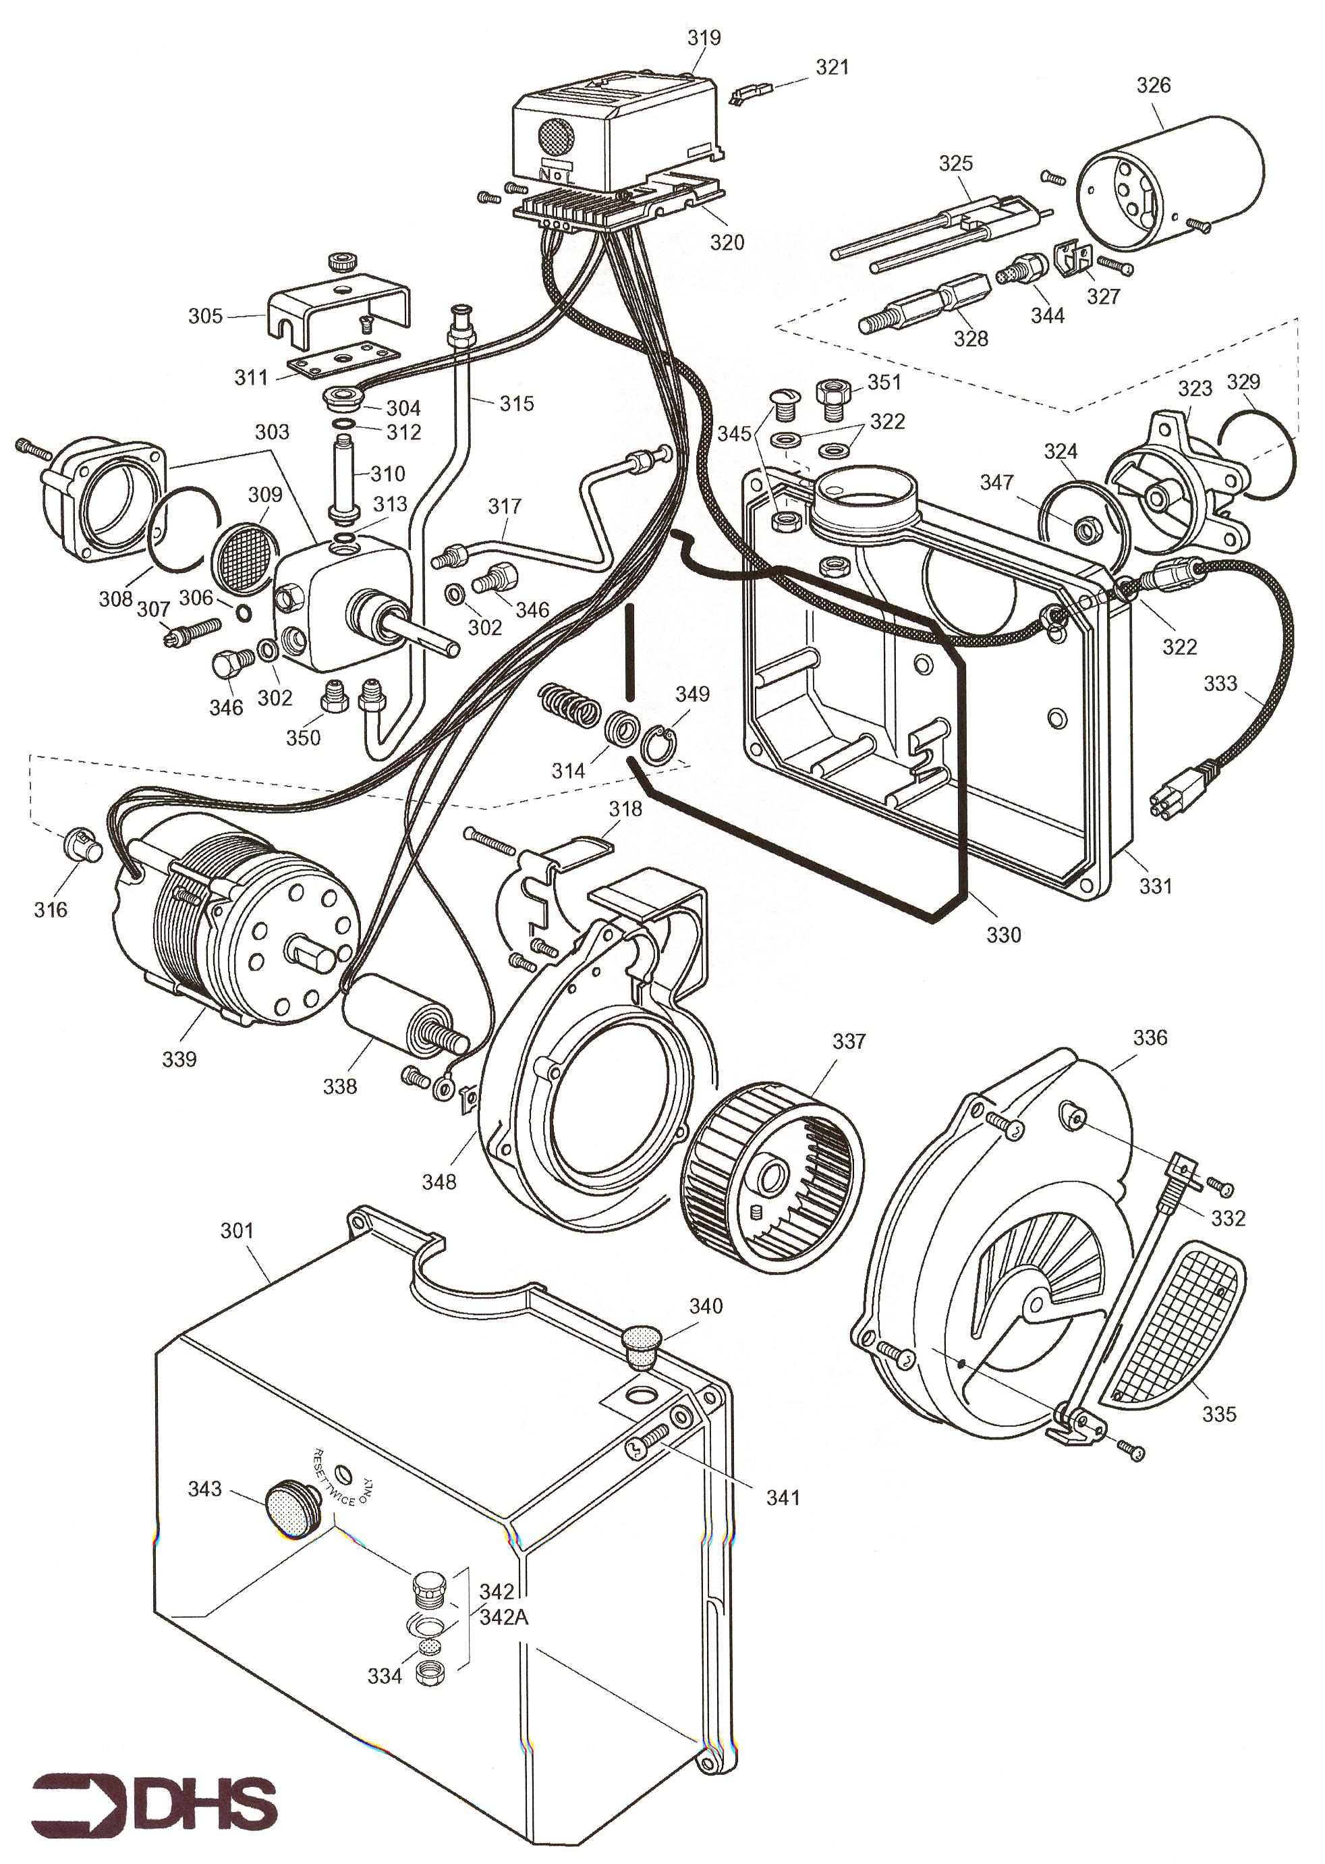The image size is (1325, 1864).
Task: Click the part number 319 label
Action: click(703, 38)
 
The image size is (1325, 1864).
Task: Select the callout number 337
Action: click(849, 1041)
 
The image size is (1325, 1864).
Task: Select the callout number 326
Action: click(1154, 85)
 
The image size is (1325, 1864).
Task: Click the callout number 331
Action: click(1155, 885)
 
